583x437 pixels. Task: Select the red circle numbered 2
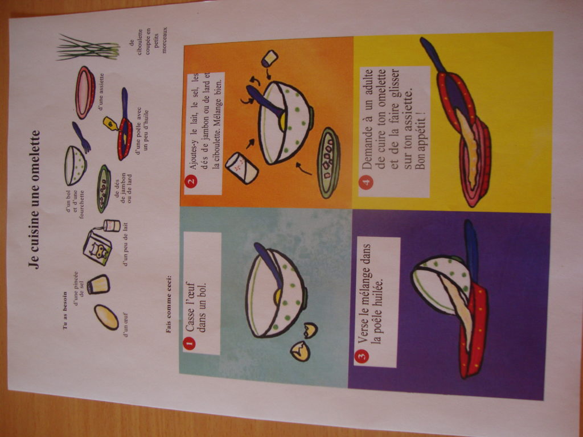click(192, 183)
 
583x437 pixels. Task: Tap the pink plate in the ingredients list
click(85, 92)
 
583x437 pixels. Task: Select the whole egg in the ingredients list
click(106, 317)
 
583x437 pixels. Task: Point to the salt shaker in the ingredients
click(98, 283)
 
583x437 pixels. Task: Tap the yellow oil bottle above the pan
click(110, 123)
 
